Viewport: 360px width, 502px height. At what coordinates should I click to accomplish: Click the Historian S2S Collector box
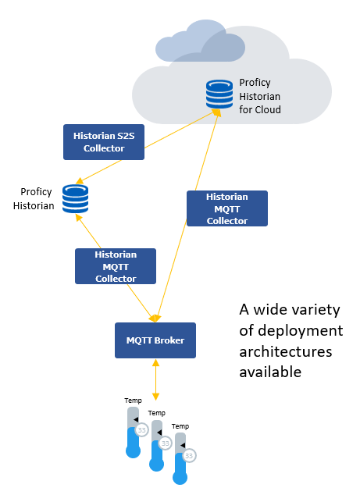coord(104,142)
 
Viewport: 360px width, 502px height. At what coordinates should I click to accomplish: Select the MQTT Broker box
coord(155,340)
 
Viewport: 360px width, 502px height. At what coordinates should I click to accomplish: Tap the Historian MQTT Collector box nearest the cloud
coord(227,208)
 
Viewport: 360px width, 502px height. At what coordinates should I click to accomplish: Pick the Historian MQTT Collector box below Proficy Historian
coord(116,266)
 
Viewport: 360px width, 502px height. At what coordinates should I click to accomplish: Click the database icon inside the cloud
coord(219,94)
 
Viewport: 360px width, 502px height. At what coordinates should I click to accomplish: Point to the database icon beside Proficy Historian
coord(75,199)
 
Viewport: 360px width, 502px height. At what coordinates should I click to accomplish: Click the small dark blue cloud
coord(200,41)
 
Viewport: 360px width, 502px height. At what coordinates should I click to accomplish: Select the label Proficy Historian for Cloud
coord(260,96)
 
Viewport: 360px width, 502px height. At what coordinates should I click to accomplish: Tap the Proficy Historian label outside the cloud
coord(34,198)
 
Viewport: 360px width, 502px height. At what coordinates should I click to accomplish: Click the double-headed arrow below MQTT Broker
coord(155,379)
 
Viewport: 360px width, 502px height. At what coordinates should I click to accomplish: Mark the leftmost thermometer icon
coord(134,433)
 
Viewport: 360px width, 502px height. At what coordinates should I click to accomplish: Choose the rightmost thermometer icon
coord(180,458)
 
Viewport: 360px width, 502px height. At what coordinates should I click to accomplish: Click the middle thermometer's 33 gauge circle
coord(166,443)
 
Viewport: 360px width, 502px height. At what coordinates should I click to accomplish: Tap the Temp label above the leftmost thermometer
coord(133,401)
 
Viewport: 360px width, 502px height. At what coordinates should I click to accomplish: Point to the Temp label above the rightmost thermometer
coord(180,426)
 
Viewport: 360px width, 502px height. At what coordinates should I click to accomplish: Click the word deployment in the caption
coord(300,331)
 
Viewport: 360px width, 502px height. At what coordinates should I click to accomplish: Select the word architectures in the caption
coord(285,351)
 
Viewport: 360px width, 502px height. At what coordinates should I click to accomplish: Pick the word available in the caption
coord(270,372)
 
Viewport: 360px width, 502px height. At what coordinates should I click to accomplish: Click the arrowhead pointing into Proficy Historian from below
coord(78,218)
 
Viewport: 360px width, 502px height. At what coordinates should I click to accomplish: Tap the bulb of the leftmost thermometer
coord(134,451)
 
